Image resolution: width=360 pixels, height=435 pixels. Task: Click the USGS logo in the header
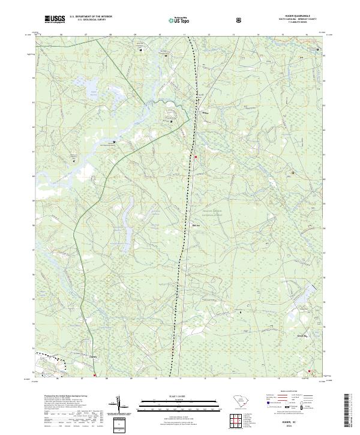click(53, 20)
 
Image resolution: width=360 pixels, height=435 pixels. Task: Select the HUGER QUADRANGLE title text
click(296, 16)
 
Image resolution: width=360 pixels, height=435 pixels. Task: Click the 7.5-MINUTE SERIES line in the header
click(296, 23)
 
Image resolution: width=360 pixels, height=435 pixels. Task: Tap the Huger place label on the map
click(205, 112)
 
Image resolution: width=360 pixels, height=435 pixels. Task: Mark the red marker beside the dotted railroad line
click(196, 157)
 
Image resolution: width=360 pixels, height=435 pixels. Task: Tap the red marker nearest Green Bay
click(309, 371)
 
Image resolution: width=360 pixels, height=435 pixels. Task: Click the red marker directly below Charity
click(95, 376)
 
